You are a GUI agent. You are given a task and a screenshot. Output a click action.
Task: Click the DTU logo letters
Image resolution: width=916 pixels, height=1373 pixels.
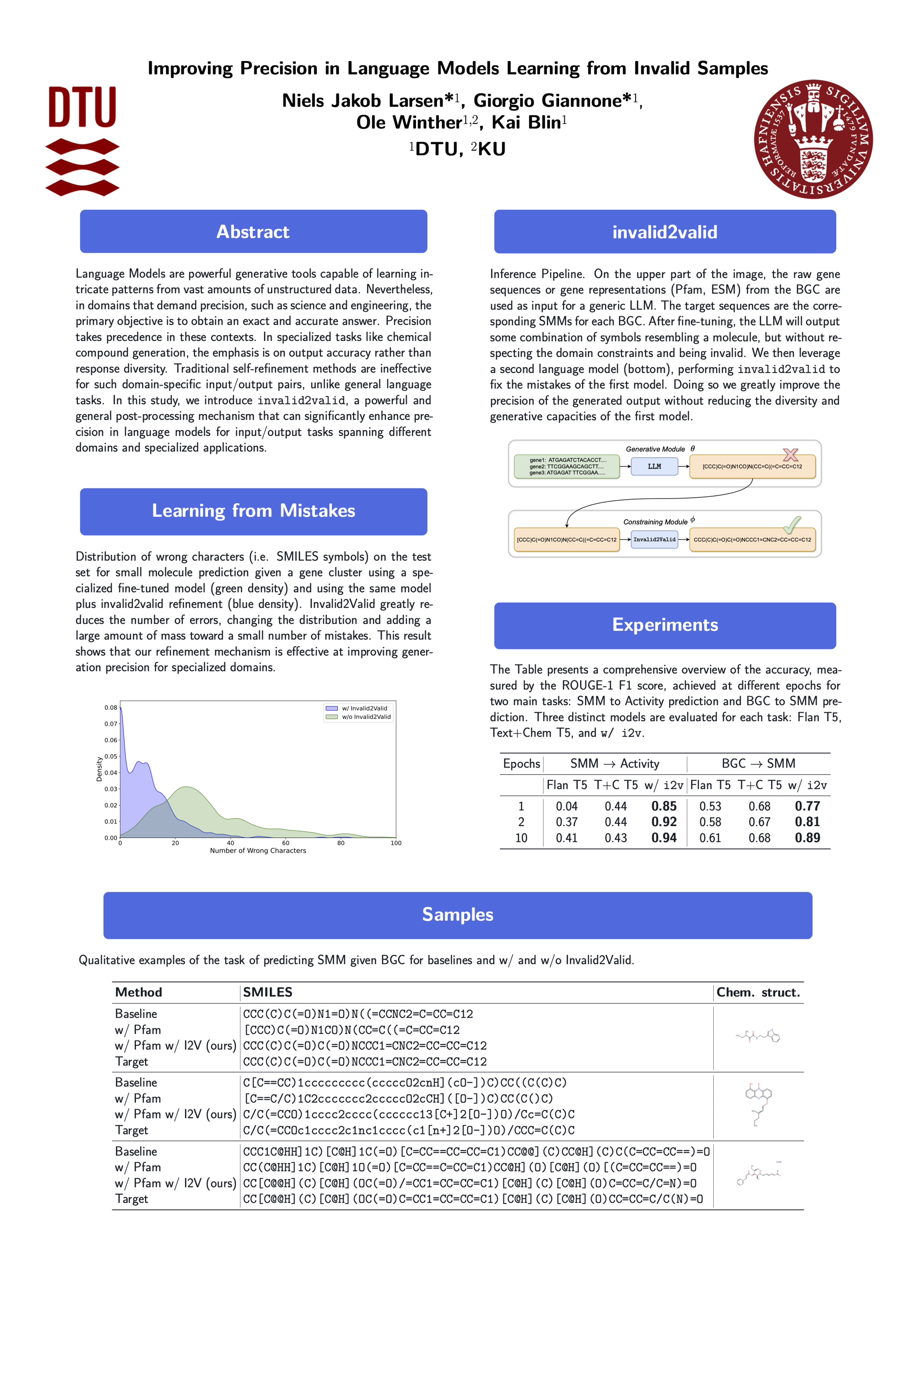coord(83,106)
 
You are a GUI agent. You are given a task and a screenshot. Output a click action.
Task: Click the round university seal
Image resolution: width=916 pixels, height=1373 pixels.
coord(813,139)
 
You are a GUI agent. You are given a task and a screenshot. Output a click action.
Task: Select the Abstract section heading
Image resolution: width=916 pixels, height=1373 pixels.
coord(253,232)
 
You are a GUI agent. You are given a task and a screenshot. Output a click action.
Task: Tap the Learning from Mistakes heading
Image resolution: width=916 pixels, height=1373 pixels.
coord(253,511)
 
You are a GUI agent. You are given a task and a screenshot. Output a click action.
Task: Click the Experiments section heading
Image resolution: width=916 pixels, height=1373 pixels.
coord(665,625)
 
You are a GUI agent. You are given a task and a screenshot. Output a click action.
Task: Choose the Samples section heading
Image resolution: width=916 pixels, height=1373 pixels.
coord(458,914)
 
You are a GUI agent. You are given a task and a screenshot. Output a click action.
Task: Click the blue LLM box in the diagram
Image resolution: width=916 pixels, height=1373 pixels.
coord(654,466)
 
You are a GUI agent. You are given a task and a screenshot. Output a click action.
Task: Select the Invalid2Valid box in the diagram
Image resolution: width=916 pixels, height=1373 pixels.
coord(654,539)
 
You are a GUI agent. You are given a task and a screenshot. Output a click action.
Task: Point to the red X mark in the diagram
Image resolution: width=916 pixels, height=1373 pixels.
coord(791,454)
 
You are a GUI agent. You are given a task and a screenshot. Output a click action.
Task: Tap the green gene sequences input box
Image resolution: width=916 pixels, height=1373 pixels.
coord(567,466)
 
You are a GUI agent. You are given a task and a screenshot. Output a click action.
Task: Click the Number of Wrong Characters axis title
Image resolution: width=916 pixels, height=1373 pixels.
coord(258,850)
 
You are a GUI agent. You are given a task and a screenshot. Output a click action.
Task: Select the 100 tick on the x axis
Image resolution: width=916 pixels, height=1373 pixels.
coord(396,843)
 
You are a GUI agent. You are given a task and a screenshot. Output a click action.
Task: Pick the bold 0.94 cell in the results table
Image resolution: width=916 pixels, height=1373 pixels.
coord(664,838)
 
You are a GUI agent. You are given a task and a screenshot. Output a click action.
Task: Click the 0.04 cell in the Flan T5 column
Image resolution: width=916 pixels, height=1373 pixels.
coord(566,806)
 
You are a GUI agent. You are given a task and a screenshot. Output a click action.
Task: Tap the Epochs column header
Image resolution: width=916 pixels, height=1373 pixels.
coord(521,764)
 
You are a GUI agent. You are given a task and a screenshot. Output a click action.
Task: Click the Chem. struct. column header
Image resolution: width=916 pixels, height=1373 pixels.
coord(758,993)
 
